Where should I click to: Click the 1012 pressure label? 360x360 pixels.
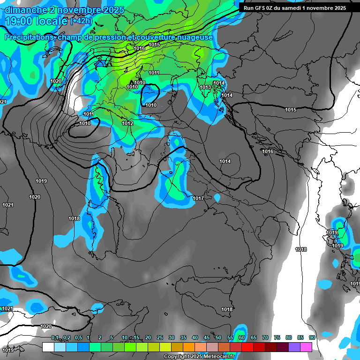tap(127, 123)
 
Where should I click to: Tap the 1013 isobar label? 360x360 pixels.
tap(205, 87)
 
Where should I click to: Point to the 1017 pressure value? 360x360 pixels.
tap(198, 198)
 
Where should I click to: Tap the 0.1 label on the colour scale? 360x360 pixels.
tap(55, 338)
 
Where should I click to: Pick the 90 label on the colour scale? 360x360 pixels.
tap(312, 338)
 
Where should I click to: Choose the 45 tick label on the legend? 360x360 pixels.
tap(207, 338)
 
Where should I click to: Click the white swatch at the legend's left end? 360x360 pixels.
tap(48, 347)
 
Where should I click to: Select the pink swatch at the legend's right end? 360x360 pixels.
tap(306, 347)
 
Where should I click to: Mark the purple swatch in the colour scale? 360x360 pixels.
tap(294, 347)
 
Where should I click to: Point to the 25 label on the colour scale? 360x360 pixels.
tap(160, 338)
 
